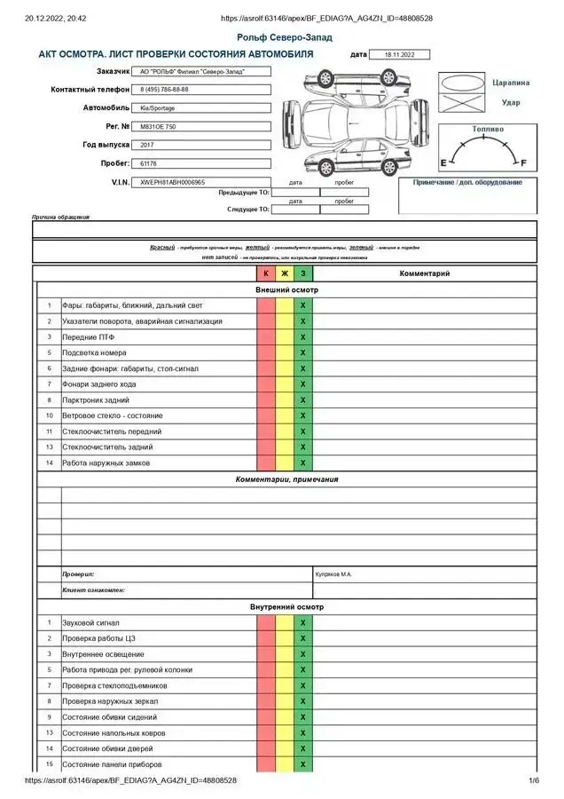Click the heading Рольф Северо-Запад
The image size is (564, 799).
pos(281,37)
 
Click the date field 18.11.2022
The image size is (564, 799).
pos(398,54)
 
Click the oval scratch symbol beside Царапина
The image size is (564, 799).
pos(462,83)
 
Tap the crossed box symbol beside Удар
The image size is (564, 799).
pos(462,103)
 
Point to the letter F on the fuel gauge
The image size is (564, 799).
pos(523,163)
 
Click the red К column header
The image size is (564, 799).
pos(266,273)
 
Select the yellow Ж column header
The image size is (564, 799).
pos(285,273)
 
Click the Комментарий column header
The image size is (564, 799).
pos(425,273)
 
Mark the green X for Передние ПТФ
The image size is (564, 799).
pos(303,337)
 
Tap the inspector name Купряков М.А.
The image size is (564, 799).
pos(333,574)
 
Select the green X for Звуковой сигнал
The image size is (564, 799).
pos(303,623)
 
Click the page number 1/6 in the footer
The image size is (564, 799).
pos(534,780)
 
